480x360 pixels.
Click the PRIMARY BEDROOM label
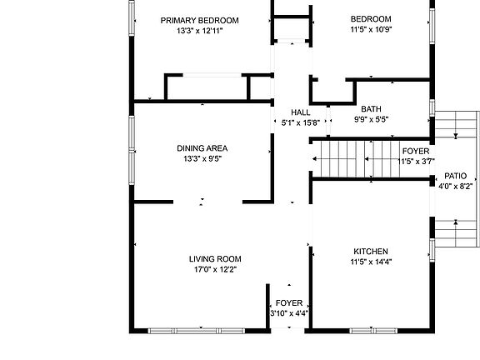point(199,20)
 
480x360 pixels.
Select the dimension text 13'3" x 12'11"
point(199,31)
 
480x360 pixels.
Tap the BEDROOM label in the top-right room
point(370,18)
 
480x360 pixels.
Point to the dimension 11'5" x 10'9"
point(370,29)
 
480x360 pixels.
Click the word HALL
point(301,112)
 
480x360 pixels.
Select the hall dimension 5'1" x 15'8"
point(301,122)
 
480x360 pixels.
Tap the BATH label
point(371,109)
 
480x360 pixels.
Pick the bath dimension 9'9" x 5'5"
point(371,119)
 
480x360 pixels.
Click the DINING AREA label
point(202,148)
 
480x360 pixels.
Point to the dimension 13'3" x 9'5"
point(202,158)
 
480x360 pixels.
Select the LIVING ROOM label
point(214,259)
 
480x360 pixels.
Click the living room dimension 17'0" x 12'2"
point(214,269)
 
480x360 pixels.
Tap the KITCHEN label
point(370,251)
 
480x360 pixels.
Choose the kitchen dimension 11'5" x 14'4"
point(370,262)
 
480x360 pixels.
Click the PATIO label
point(455,177)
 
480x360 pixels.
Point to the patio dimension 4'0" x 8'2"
point(455,187)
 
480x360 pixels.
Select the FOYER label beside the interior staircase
point(415,152)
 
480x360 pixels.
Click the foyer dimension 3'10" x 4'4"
point(289,313)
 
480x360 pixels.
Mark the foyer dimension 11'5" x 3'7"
point(415,161)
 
